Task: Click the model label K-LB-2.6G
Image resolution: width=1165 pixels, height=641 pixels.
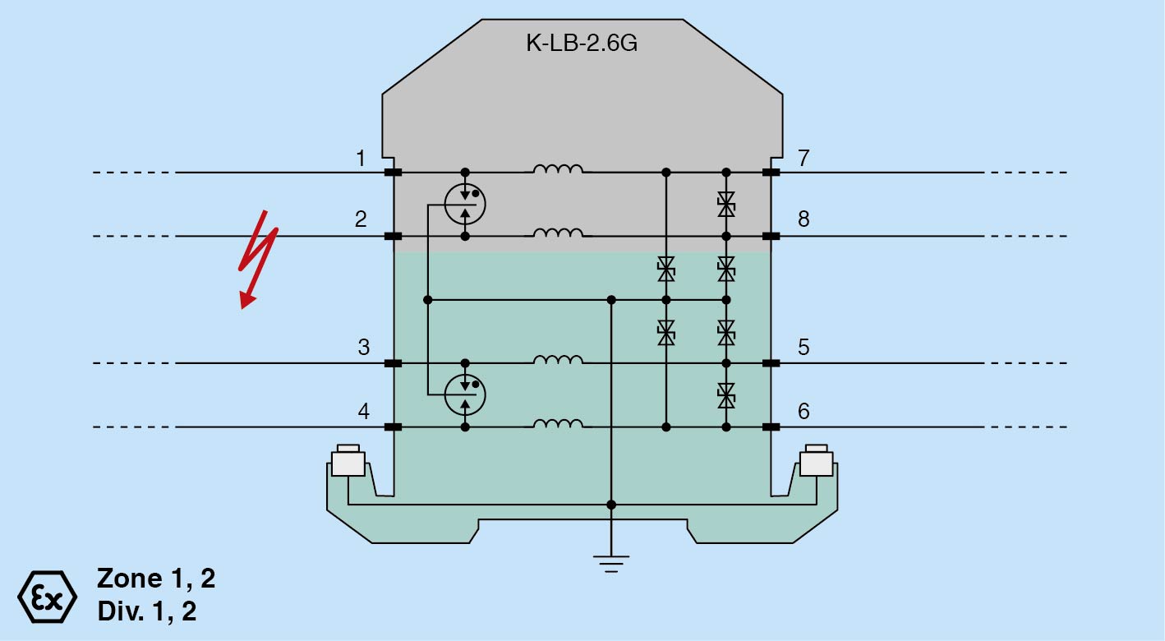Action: coord(582,44)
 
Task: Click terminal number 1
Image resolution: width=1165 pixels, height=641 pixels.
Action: coord(361,158)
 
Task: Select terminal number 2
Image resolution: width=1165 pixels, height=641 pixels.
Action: coord(361,219)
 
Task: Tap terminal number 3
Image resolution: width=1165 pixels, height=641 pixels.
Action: coord(363,347)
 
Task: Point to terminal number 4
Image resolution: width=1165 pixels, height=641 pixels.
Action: coord(363,410)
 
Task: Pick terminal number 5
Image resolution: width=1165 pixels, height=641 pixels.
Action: coord(804,347)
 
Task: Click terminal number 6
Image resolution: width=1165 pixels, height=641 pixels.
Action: coord(804,410)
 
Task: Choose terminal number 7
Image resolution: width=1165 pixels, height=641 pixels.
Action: coord(804,158)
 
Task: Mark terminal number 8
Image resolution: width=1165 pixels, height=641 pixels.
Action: coord(804,219)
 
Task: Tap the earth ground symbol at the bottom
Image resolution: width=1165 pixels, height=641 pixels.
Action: coord(611,562)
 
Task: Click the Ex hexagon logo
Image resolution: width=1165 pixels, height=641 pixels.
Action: coord(48,596)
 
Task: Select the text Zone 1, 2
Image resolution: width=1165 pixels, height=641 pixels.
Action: coord(156,579)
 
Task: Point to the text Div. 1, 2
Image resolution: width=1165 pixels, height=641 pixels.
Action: coord(147,611)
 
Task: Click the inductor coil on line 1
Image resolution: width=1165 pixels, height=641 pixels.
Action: coord(559,169)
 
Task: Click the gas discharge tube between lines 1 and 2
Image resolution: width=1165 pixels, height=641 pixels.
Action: coord(465,204)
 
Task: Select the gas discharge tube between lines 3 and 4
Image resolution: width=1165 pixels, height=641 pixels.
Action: coord(465,395)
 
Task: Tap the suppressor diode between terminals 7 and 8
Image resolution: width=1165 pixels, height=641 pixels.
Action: coord(725,204)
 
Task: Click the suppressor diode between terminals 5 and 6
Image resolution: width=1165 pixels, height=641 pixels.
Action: coord(725,395)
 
